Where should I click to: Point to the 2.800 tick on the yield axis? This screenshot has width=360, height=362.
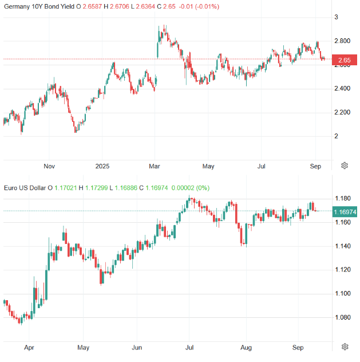[343, 41]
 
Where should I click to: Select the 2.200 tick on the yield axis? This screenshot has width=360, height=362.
[343, 112]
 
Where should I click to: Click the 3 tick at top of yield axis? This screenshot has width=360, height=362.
[337, 17]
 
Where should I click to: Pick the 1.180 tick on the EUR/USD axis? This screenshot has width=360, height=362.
[343, 199]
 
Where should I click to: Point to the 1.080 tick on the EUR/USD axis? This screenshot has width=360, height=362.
[343, 318]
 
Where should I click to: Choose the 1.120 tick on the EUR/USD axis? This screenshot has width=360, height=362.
[343, 270]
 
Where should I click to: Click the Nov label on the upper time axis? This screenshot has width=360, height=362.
[49, 167]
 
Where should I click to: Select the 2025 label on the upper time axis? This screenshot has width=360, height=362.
[102, 167]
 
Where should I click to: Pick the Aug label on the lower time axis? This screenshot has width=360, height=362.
[246, 348]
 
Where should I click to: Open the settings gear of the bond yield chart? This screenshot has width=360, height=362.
[345, 166]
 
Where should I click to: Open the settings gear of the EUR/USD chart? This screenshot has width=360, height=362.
[345, 347]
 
